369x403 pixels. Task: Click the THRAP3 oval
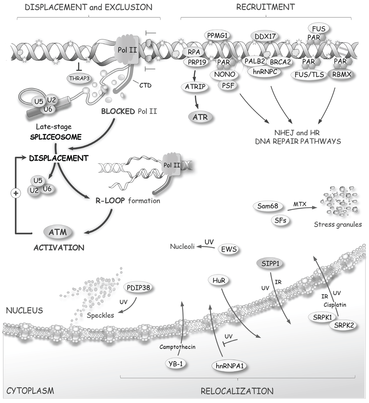pos(77,77)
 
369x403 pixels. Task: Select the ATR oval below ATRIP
pos(201,117)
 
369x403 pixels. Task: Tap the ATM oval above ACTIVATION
pos(58,232)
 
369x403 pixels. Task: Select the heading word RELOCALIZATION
pos(237,391)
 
